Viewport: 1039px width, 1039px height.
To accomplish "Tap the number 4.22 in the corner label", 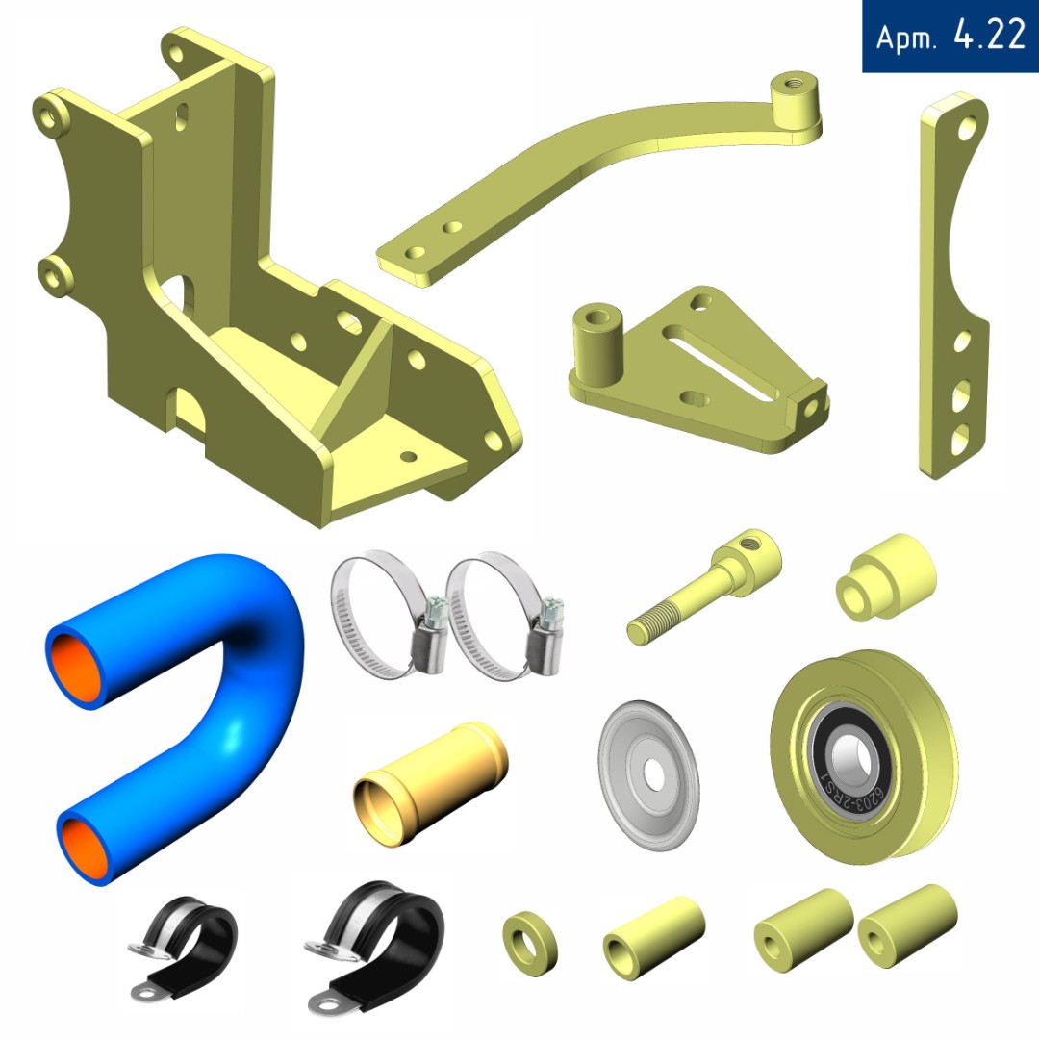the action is click(x=989, y=35).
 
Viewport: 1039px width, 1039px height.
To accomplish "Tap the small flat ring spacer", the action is click(x=529, y=944).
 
